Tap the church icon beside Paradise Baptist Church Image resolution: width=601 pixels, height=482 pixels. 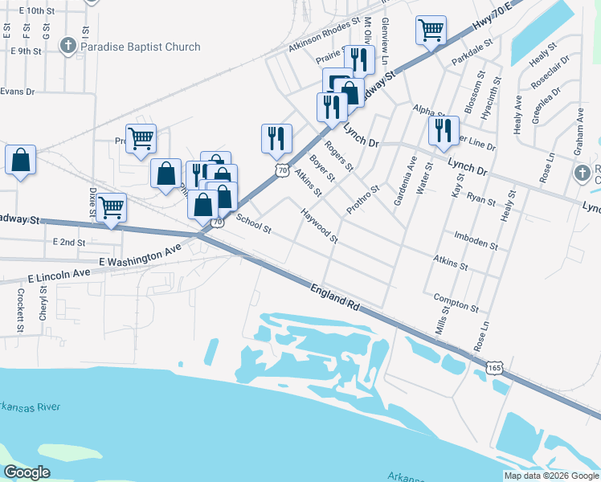point(68,46)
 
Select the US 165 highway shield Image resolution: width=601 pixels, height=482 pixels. point(496,367)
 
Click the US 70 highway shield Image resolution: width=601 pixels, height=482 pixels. point(281,170)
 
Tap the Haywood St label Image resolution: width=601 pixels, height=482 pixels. point(319,227)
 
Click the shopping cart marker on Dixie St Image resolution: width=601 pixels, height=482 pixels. point(111,206)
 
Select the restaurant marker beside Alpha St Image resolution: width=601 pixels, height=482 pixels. point(444,129)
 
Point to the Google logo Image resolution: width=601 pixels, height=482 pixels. point(27,472)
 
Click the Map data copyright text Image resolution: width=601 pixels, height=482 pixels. point(551,476)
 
